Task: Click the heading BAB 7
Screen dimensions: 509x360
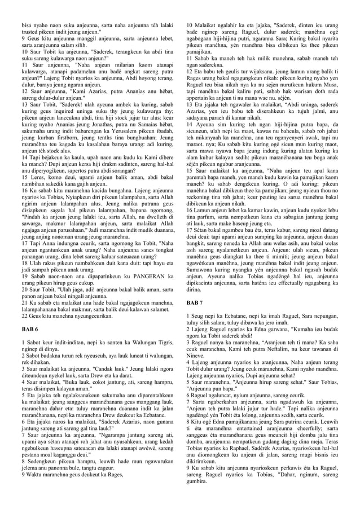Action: coord(194,303)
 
